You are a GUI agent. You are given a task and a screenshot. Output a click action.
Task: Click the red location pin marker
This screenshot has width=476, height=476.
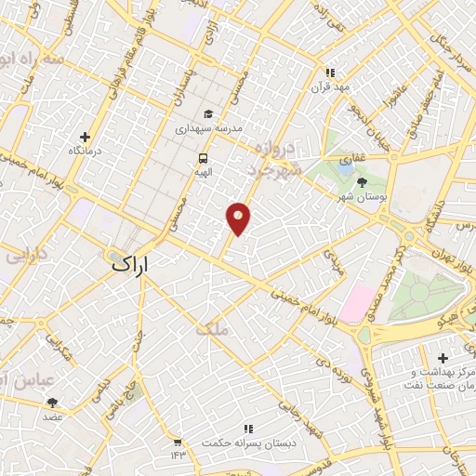[239, 218]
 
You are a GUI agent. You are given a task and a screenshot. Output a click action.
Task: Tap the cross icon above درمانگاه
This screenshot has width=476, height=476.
[85, 137]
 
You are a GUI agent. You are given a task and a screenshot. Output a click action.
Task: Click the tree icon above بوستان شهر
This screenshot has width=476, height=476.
[361, 181]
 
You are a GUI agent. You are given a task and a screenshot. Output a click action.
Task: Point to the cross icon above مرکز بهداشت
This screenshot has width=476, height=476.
[443, 358]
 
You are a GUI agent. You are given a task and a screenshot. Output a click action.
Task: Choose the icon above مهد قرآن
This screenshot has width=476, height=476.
[328, 73]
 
